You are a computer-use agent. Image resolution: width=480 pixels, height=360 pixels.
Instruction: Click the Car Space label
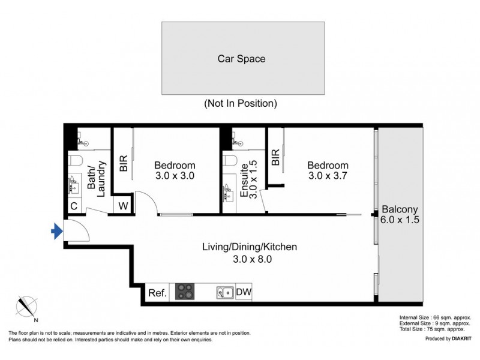click(x=241, y=59)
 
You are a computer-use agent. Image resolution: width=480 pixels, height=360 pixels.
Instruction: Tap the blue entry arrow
click(x=56, y=231)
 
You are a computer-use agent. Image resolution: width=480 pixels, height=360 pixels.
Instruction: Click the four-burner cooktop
click(x=185, y=292)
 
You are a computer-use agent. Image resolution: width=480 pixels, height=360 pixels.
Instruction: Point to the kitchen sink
click(x=225, y=292)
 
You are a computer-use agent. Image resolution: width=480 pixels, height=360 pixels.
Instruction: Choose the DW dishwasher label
click(x=244, y=293)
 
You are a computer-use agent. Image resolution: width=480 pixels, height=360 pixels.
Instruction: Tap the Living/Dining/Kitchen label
click(x=249, y=247)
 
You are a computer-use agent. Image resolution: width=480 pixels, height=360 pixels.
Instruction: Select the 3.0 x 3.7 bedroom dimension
click(x=328, y=176)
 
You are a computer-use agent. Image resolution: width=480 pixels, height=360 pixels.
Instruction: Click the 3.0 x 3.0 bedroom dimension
click(x=175, y=176)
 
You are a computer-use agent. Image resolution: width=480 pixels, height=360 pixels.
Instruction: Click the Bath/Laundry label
click(x=96, y=178)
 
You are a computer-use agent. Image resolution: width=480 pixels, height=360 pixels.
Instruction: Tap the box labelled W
click(x=123, y=206)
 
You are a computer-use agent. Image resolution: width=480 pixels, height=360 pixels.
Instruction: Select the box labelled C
click(x=74, y=206)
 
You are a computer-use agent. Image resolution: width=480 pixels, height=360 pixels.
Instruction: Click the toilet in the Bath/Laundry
click(x=75, y=160)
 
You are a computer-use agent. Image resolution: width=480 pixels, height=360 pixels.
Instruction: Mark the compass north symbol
click(x=28, y=307)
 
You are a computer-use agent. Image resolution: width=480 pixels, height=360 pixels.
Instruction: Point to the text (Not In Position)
click(x=241, y=103)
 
